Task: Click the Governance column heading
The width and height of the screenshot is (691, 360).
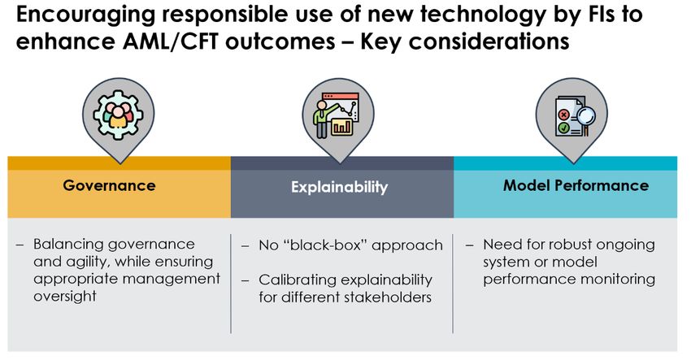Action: [x=109, y=185]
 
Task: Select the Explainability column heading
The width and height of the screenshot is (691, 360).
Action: [x=339, y=187]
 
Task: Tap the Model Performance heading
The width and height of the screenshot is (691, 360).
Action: [x=576, y=185]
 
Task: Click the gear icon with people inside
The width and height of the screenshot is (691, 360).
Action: [x=118, y=115]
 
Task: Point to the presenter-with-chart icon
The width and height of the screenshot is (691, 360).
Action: [x=337, y=115]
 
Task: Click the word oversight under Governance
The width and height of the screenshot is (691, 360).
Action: [x=65, y=297]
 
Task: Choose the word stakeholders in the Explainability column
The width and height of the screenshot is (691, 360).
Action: [x=388, y=297]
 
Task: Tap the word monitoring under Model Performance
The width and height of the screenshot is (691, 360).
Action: [x=618, y=280]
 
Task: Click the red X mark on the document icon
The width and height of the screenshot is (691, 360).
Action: [x=563, y=115]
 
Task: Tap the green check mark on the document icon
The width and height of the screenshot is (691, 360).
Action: [x=563, y=128]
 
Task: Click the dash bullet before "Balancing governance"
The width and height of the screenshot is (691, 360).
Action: [x=20, y=245]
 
